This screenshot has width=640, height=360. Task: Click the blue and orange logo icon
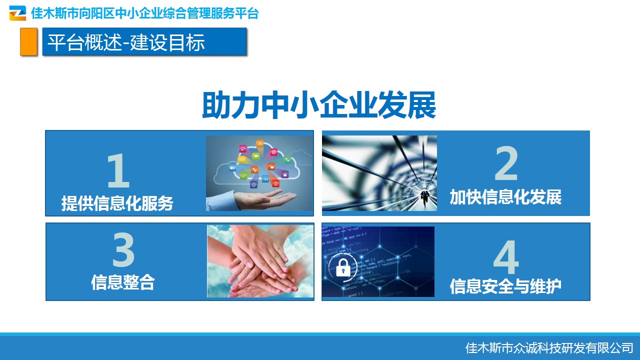17,13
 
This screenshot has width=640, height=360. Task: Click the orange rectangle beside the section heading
28,41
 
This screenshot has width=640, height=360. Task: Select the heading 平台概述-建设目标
126,42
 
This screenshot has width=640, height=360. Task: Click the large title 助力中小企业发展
319,105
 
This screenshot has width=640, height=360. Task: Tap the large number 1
118,170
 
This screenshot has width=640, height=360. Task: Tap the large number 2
506,163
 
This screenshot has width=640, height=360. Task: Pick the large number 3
123,249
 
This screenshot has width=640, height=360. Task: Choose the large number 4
506,257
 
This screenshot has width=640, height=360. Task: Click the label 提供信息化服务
117,203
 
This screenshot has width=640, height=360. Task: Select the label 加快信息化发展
505,197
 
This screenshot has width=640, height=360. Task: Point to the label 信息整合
123,282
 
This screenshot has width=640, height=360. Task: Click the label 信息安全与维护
505,286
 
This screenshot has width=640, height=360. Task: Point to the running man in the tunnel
425,197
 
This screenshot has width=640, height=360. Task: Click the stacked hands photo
260,261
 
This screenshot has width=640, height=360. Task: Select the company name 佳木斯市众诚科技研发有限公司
549,348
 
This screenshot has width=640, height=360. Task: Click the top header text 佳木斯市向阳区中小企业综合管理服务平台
145,13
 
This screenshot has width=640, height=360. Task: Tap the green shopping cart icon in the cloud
256,156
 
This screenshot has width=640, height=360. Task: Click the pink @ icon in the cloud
273,152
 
